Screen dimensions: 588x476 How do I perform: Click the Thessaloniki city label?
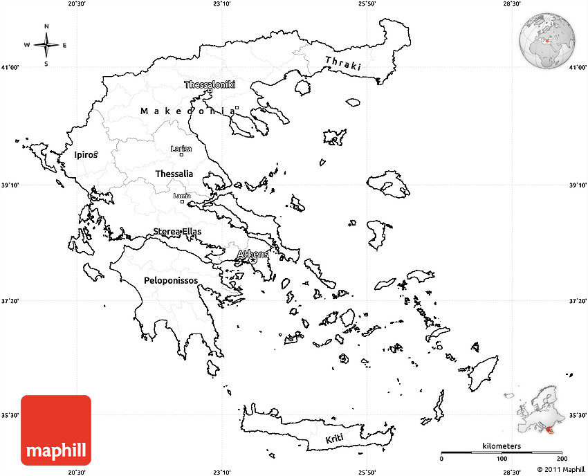click(x=210, y=84)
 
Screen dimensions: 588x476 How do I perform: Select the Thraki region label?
click(x=343, y=64)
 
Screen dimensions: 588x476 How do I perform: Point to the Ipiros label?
click(x=86, y=155)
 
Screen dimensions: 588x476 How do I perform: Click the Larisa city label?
click(x=181, y=149)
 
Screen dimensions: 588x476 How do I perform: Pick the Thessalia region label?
click(x=174, y=174)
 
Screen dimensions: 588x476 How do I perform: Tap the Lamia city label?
click(x=182, y=196)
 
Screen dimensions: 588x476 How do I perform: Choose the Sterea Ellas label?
click(x=177, y=231)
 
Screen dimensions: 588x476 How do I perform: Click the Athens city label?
click(x=252, y=255)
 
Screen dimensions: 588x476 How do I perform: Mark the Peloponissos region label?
click(x=171, y=280)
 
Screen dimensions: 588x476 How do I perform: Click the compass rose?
click(x=46, y=46)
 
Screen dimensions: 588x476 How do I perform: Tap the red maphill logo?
click(x=56, y=430)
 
